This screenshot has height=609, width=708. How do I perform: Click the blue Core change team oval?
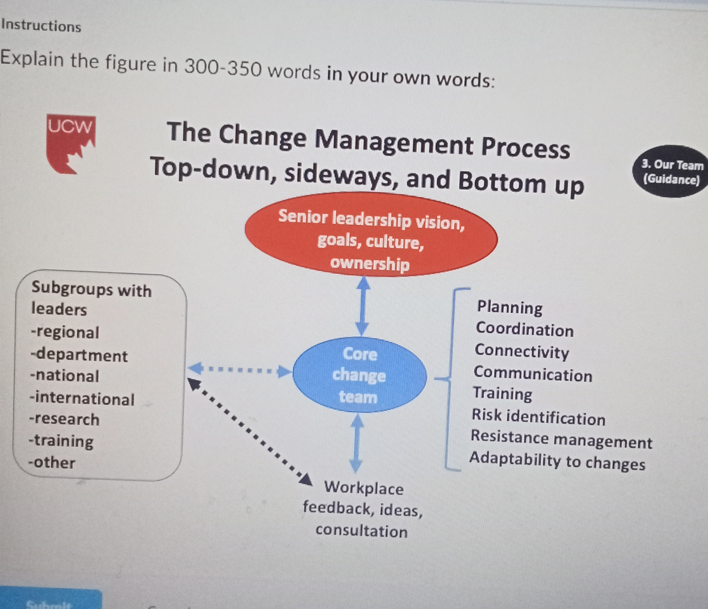[360, 375]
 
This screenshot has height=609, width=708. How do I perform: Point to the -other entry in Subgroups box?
[52, 462]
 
